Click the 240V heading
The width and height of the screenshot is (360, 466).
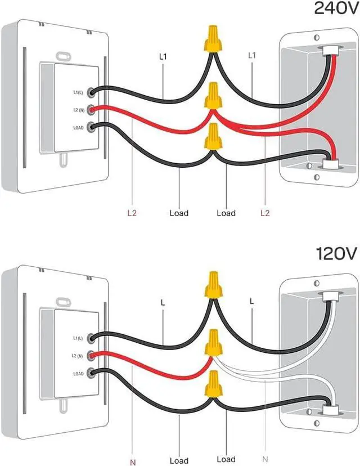coord(335,8)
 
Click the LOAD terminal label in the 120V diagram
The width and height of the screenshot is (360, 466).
coord(78,373)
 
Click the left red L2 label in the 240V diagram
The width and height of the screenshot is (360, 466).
coord(131,213)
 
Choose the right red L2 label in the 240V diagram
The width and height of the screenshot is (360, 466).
coord(265,213)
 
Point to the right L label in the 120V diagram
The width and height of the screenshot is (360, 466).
coord(251,302)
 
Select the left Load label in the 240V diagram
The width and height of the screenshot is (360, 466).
coord(179,213)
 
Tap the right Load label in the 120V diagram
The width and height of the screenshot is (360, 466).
coord(226,459)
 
